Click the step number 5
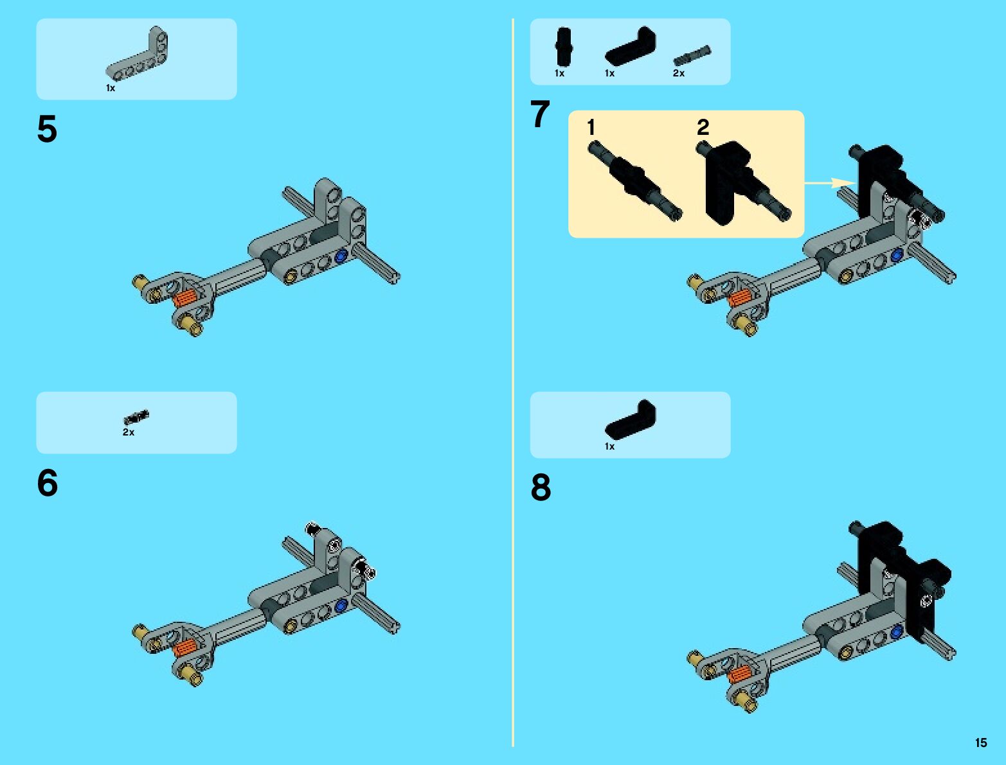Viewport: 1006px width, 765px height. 47,129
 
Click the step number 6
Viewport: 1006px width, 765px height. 47,482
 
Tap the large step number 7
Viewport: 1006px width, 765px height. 540,114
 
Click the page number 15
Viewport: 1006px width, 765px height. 981,743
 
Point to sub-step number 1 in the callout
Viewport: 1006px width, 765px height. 591,127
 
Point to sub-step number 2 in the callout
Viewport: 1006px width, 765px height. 703,127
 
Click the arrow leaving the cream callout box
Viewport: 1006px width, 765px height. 830,182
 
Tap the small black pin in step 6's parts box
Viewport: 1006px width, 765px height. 136,417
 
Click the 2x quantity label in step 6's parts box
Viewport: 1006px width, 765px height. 129,432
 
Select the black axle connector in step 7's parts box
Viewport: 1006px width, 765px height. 563,46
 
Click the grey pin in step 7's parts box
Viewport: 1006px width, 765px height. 692,55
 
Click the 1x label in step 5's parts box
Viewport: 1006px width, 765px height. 111,88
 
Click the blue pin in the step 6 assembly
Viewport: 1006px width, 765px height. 341,606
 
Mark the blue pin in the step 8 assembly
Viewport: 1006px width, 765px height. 896,632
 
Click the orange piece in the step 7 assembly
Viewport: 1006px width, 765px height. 740,298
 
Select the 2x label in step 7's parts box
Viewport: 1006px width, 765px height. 679,73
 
